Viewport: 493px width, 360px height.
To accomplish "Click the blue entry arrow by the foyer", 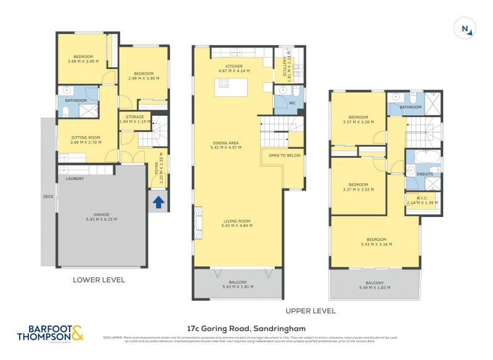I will pos(158,202).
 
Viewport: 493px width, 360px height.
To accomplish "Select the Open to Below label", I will pos(285,155).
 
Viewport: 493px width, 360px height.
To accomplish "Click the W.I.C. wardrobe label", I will pos(422,200).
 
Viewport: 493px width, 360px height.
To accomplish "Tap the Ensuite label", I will pos(425,174).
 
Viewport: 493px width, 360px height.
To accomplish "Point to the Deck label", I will pos(48,197).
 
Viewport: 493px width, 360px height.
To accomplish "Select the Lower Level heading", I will pos(99,280).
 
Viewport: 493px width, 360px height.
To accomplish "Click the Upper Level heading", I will pos(310,311).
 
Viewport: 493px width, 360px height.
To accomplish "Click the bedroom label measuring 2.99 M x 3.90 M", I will pos(143,76).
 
